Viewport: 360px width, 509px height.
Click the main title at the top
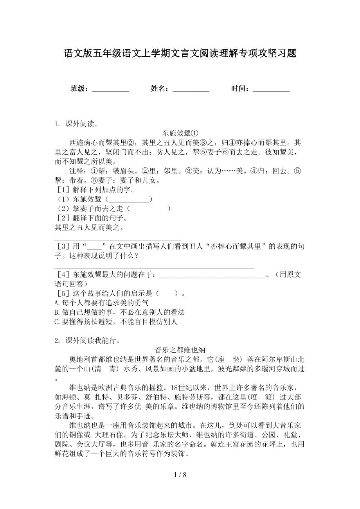click(180, 54)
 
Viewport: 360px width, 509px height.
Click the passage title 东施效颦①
click(180, 133)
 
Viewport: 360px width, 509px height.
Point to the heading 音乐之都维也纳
click(180, 350)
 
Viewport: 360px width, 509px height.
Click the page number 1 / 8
click(180, 486)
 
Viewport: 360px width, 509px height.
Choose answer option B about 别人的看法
click(119, 312)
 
